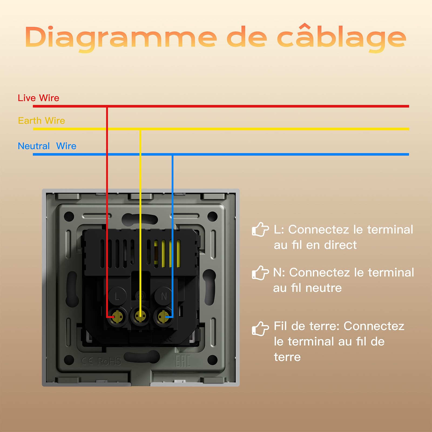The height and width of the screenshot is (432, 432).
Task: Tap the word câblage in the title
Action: [x=342, y=38]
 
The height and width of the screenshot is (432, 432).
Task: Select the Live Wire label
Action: [x=38, y=98]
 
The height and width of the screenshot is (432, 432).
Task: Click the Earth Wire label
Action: [x=42, y=120]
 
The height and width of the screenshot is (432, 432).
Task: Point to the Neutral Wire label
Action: [x=47, y=146]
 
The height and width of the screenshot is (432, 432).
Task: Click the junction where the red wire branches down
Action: [x=107, y=106]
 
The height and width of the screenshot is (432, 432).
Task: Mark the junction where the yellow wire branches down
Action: [x=140, y=129]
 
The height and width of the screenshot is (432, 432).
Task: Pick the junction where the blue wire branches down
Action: [x=173, y=154]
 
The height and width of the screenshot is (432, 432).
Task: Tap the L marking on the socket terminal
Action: [x=117, y=296]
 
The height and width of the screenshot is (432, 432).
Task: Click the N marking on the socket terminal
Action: [x=164, y=296]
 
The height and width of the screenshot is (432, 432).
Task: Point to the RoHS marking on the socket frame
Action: [x=109, y=361]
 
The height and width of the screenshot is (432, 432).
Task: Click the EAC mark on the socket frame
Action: [x=183, y=361]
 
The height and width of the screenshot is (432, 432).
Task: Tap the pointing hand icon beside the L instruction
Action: [x=260, y=230]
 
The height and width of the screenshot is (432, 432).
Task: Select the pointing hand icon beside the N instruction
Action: [x=260, y=273]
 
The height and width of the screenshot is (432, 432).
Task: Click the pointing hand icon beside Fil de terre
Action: [x=260, y=329]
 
